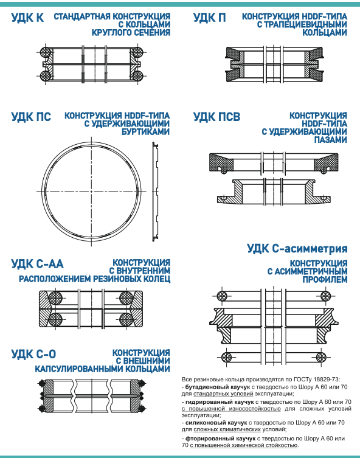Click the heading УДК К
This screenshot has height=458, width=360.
point(27,18)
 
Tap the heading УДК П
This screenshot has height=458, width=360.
point(210,18)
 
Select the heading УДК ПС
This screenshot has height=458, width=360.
point(31,117)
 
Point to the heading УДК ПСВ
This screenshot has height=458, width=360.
point(216,117)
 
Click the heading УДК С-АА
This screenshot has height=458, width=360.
point(37,264)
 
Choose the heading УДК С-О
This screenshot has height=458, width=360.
point(33,354)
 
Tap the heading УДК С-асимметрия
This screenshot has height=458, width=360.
point(297,249)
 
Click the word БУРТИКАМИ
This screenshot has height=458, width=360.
point(146,132)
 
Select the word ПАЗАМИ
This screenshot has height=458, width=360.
point(331,140)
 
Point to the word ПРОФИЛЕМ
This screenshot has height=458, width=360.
point(325,280)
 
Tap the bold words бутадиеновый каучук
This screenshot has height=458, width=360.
point(218,387)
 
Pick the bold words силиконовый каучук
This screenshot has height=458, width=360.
point(216,423)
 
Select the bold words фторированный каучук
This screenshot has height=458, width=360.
point(220,439)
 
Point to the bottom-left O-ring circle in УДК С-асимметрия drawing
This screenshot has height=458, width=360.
point(226,357)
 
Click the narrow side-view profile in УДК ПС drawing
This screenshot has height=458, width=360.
point(155,192)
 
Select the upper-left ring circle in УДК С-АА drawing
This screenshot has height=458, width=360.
point(55,298)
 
